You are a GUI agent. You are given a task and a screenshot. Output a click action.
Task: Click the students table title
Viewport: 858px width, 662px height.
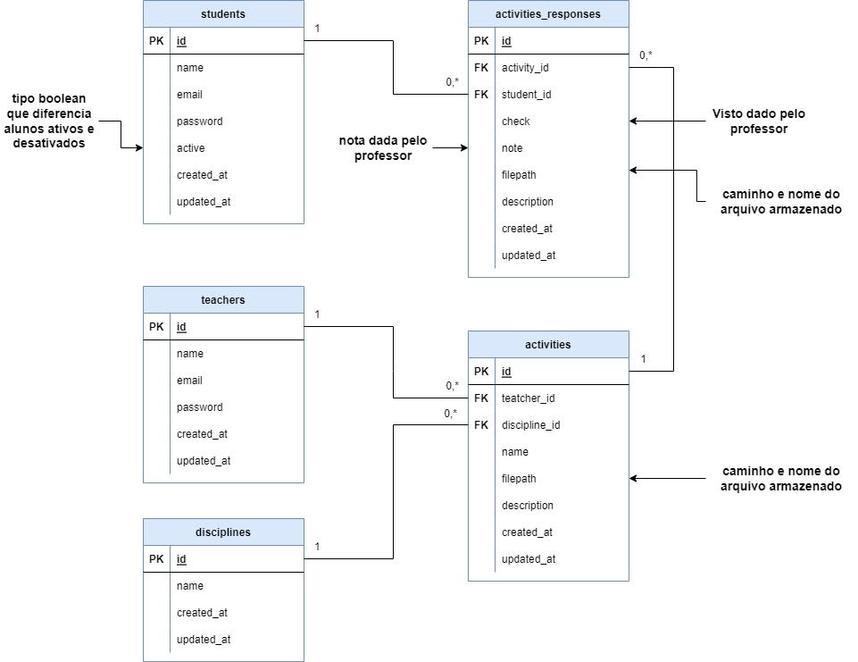pyautogui.click(x=223, y=14)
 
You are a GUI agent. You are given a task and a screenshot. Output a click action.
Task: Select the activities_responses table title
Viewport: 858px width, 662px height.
pyautogui.click(x=547, y=14)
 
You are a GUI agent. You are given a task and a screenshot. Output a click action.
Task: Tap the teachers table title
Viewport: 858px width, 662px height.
pyautogui.click(x=223, y=300)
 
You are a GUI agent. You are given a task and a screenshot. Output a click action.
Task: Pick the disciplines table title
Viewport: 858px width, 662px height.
pyautogui.click(x=223, y=532)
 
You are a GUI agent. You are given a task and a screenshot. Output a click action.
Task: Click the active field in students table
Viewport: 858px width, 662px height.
pyautogui.click(x=191, y=148)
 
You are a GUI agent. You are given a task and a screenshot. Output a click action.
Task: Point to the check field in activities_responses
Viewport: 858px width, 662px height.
pyautogui.click(x=516, y=122)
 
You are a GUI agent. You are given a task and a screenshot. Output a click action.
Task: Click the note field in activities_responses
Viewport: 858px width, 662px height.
pyautogui.click(x=512, y=148)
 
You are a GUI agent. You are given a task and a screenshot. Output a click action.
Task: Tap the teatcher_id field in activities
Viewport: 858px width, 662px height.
pyautogui.click(x=529, y=398)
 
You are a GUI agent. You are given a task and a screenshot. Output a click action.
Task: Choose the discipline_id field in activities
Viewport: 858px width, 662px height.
pyautogui.click(x=531, y=425)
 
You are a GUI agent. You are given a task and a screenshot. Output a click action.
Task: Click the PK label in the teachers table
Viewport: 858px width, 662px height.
pyautogui.click(x=156, y=327)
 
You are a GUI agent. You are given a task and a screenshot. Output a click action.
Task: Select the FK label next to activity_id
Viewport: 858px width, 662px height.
pyautogui.click(x=481, y=68)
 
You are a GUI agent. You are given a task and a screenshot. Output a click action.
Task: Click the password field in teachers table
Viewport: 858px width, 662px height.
pyautogui.click(x=200, y=407)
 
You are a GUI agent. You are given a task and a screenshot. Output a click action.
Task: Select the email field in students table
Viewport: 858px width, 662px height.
pyautogui.click(x=190, y=95)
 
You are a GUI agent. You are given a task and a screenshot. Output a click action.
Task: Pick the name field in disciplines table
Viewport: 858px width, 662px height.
pyautogui.click(x=190, y=586)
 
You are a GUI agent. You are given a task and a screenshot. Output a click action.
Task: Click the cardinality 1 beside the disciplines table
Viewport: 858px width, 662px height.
pyautogui.click(x=318, y=547)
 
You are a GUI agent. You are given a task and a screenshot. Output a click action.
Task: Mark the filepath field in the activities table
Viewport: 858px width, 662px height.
pyautogui.click(x=519, y=479)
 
